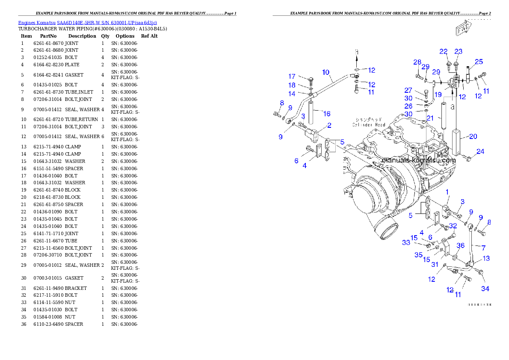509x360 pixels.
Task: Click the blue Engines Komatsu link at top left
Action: click(x=87, y=22)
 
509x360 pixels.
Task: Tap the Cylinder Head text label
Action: click(x=369, y=122)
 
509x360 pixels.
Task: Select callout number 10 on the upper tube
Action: click(x=326, y=73)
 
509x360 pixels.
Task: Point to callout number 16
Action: click(x=327, y=114)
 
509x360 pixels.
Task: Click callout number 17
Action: click(x=292, y=77)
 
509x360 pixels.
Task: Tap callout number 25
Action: click(x=479, y=62)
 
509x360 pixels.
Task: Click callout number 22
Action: click(x=444, y=52)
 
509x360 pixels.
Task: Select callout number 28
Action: click(x=417, y=62)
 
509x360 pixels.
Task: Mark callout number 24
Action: click(x=480, y=152)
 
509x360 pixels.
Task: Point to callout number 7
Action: click(x=483, y=248)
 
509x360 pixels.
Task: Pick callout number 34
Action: click(x=485, y=289)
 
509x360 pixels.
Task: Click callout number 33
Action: click(x=406, y=243)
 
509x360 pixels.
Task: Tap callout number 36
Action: click(x=460, y=245)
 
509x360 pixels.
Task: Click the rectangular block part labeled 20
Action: click(x=456, y=142)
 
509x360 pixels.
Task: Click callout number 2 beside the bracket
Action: click(x=329, y=125)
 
